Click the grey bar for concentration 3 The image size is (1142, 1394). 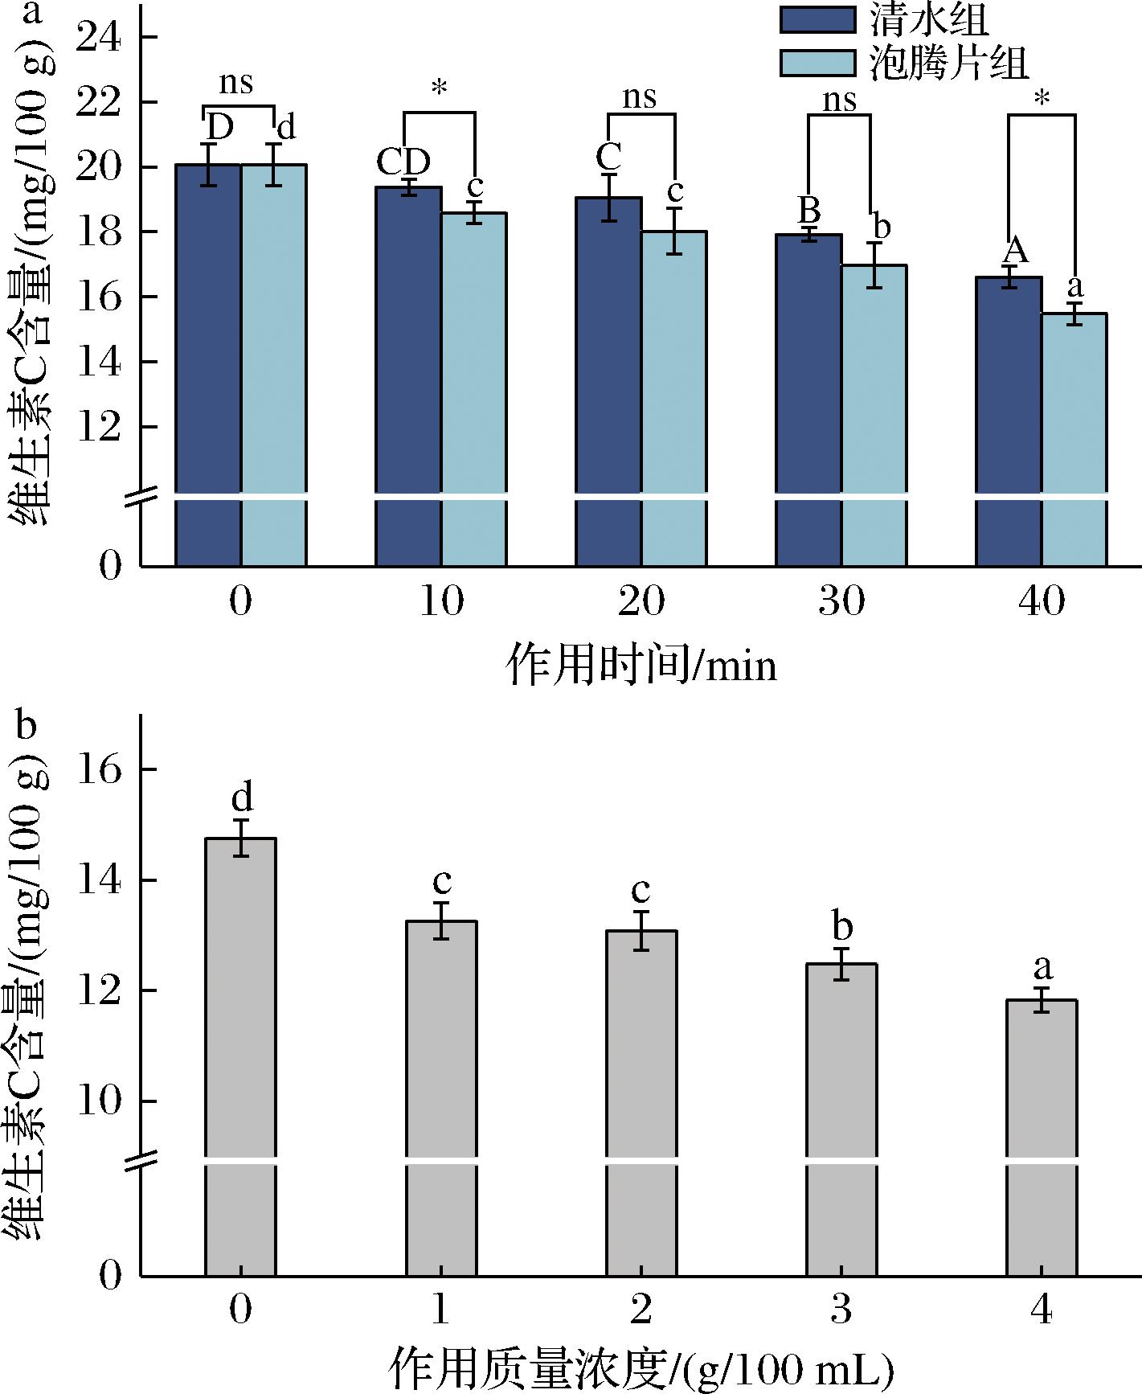(x=841, y=1125)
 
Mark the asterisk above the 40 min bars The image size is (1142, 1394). (x=1042, y=100)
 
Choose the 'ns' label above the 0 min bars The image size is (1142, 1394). (x=236, y=82)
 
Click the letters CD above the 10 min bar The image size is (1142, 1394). (x=403, y=162)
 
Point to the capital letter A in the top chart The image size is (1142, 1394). (x=1016, y=251)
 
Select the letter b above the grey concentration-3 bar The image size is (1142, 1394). (x=841, y=927)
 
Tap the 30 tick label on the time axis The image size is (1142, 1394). (x=841, y=601)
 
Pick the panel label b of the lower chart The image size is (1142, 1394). (x=27, y=726)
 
